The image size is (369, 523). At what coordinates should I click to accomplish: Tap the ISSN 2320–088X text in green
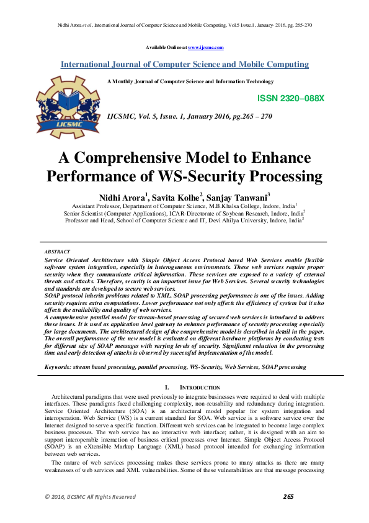point(290,99)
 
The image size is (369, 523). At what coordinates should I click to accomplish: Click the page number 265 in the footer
point(288,496)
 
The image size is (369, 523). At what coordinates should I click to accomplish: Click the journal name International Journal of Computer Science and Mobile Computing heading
point(184,65)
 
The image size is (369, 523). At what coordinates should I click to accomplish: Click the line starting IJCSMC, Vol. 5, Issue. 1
point(189,116)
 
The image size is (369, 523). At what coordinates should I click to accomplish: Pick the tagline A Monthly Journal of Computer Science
point(190,81)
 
